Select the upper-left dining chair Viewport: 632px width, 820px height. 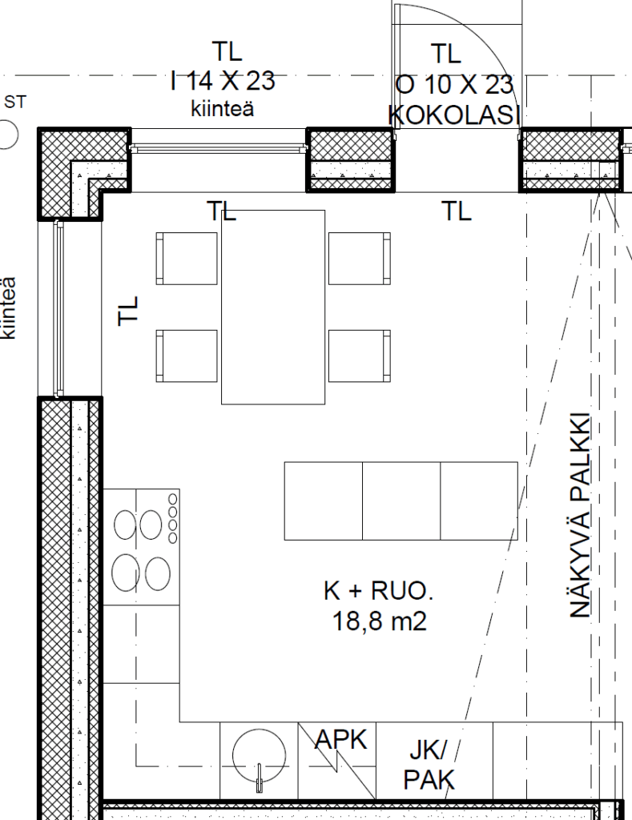click(187, 259)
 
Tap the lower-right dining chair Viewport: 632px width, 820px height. click(360, 356)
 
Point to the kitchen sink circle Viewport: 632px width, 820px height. click(260, 755)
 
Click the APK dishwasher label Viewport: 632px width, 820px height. click(341, 740)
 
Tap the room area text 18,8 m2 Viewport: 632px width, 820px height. click(380, 621)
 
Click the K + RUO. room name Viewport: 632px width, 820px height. click(379, 591)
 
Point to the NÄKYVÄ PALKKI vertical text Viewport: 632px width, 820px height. click(580, 516)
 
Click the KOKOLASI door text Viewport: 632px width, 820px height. click(453, 115)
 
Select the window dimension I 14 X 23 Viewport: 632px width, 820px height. click(223, 81)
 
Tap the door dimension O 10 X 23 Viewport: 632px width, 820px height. click(454, 85)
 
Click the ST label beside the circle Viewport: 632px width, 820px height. click(15, 102)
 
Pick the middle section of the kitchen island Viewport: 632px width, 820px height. click(401, 500)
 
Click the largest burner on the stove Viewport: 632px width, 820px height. click(126, 573)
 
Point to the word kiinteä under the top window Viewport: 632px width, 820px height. click(223, 109)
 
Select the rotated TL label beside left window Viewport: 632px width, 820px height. click(128, 311)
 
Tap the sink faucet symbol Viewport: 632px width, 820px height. click(259, 778)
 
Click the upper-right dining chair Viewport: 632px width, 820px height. click(360, 259)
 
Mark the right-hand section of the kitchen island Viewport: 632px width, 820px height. click(479, 500)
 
